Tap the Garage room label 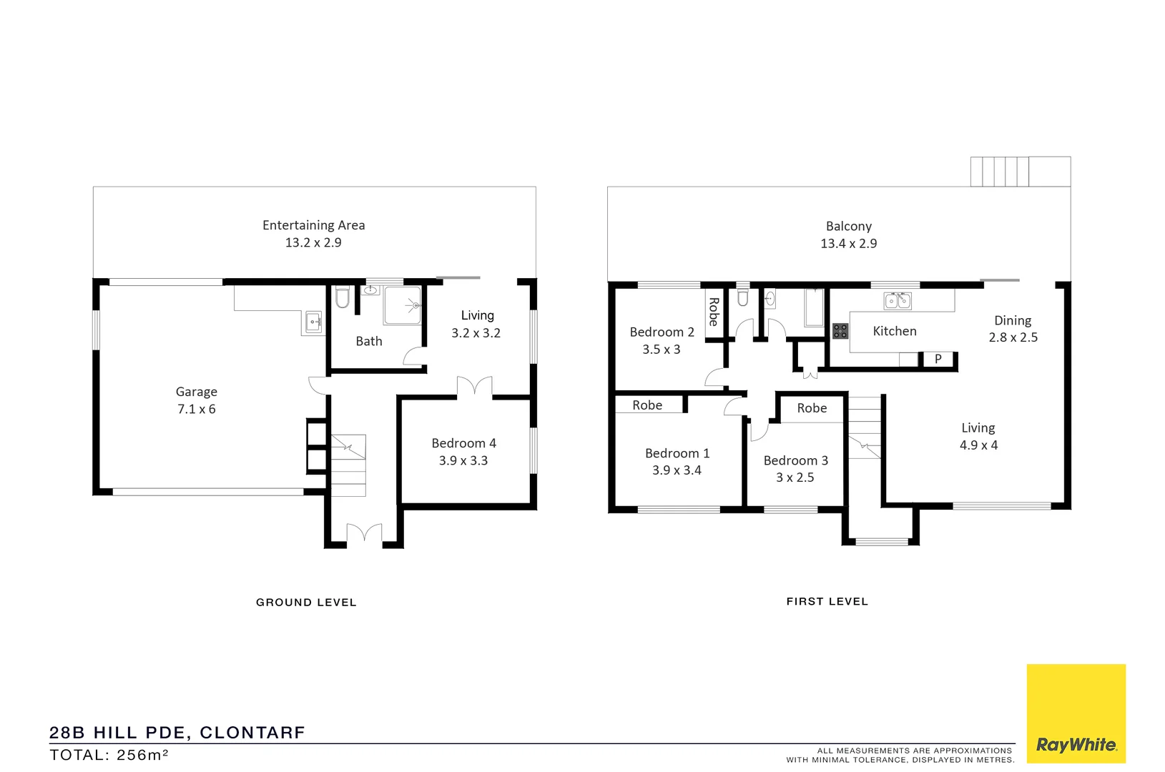(197, 392)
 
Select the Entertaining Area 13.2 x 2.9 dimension (313, 243)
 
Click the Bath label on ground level (369, 342)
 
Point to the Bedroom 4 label (463, 443)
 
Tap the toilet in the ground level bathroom (343, 297)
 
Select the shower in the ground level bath (403, 305)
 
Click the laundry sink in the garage (313, 322)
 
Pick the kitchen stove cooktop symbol (840, 331)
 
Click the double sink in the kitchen (898, 301)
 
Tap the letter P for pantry (938, 359)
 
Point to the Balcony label (849, 227)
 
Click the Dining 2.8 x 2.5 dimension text (1013, 337)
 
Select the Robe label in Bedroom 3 (812, 408)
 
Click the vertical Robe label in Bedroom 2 (713, 312)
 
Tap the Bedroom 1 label (677, 453)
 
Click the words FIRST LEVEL (827, 602)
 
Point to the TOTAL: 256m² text (109, 755)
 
